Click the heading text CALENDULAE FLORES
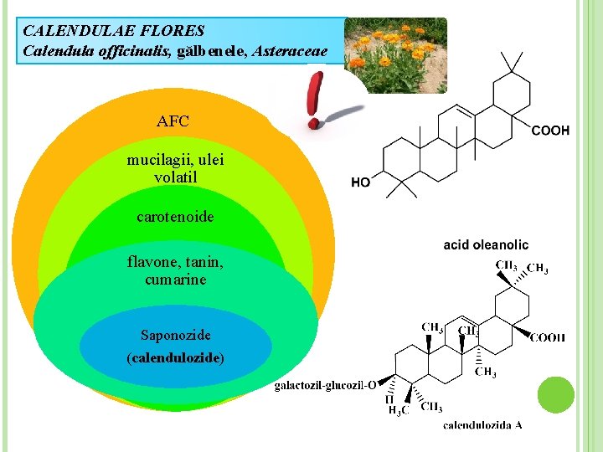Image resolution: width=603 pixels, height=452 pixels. (x=114, y=31)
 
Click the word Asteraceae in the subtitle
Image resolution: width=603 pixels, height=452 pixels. (x=286, y=51)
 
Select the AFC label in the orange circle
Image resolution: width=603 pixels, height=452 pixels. (x=173, y=121)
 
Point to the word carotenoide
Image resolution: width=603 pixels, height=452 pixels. (x=175, y=217)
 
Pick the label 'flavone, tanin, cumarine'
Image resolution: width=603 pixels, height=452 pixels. (x=175, y=271)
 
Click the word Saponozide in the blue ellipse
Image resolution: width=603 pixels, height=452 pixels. (x=175, y=336)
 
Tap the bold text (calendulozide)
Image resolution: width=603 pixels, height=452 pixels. (x=175, y=357)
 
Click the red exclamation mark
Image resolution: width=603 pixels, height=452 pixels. (x=315, y=99)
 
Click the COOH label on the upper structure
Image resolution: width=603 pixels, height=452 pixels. (x=551, y=131)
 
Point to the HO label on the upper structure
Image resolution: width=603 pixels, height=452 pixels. (x=360, y=182)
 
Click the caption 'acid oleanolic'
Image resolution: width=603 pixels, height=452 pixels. (x=486, y=244)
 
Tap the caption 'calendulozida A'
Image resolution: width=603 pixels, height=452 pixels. (x=482, y=424)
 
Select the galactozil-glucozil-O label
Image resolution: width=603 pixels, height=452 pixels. (x=325, y=386)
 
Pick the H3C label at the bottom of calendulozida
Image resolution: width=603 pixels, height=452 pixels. (x=398, y=409)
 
